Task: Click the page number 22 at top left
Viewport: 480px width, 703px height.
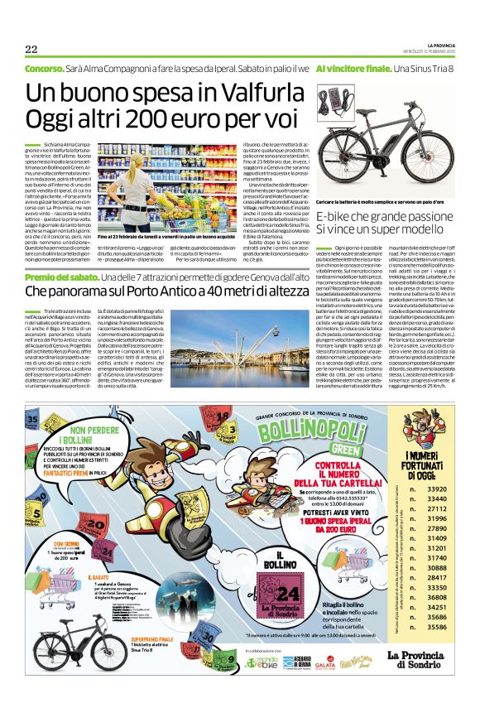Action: (x=31, y=49)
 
